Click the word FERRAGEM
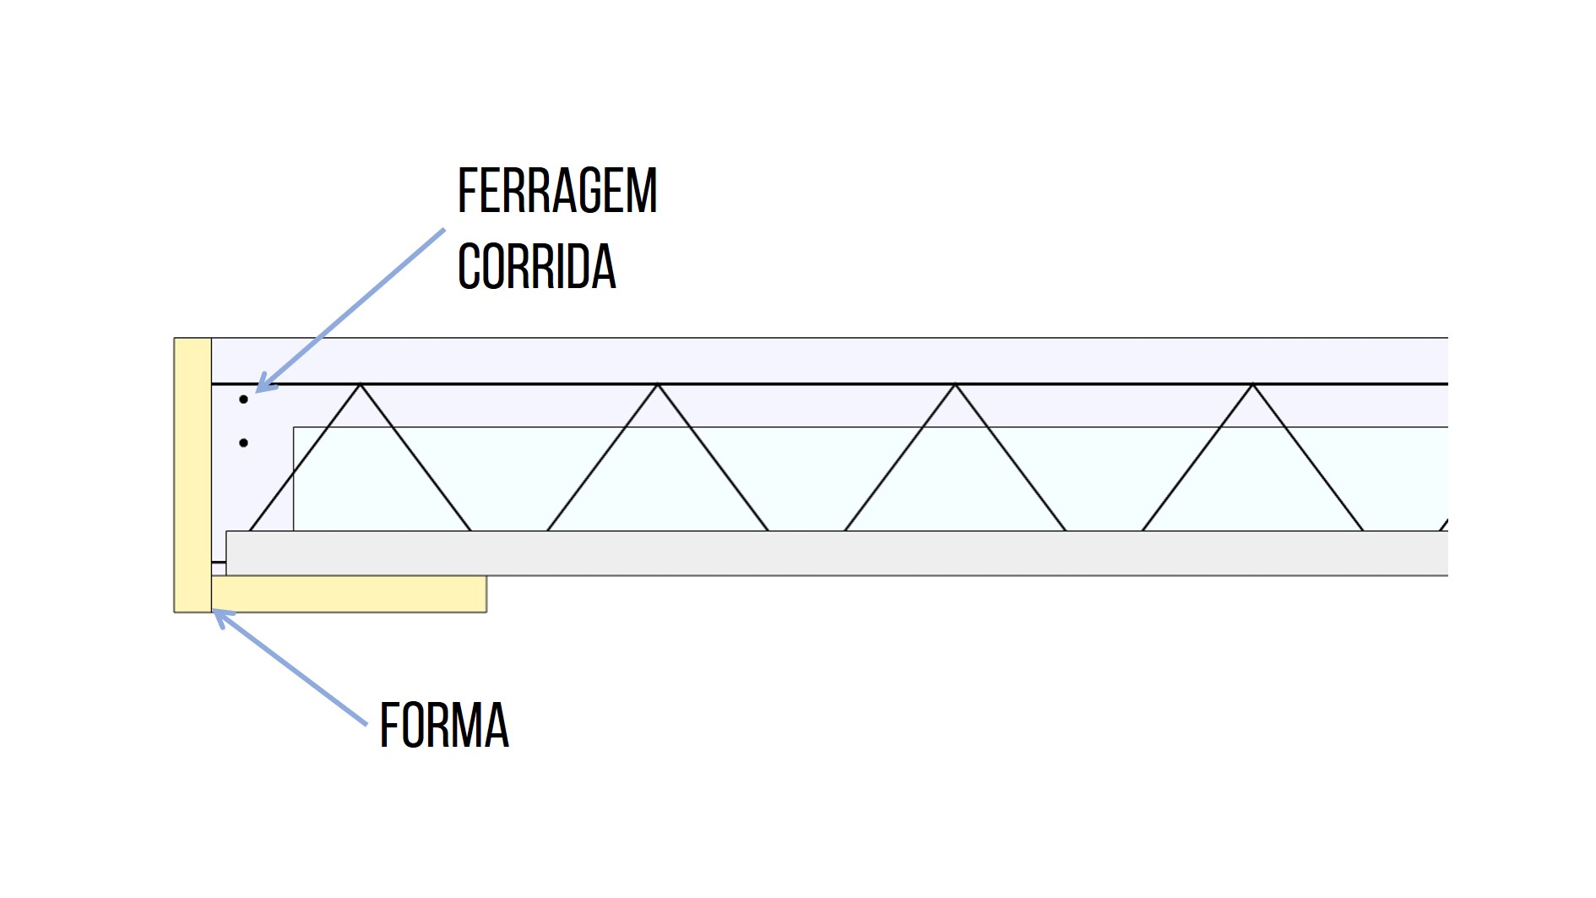click(556, 191)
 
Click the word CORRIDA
click(536, 267)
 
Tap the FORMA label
click(444, 725)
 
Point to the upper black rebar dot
click(243, 400)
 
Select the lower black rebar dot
click(243, 443)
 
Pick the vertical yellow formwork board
click(193, 473)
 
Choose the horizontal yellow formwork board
click(348, 594)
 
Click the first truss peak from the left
click(361, 385)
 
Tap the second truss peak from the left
click(658, 385)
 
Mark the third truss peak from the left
click(955, 385)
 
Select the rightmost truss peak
click(1253, 385)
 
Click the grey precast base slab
click(836, 553)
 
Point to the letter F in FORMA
click(388, 725)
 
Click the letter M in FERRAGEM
click(643, 191)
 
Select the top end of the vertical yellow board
click(193, 343)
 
